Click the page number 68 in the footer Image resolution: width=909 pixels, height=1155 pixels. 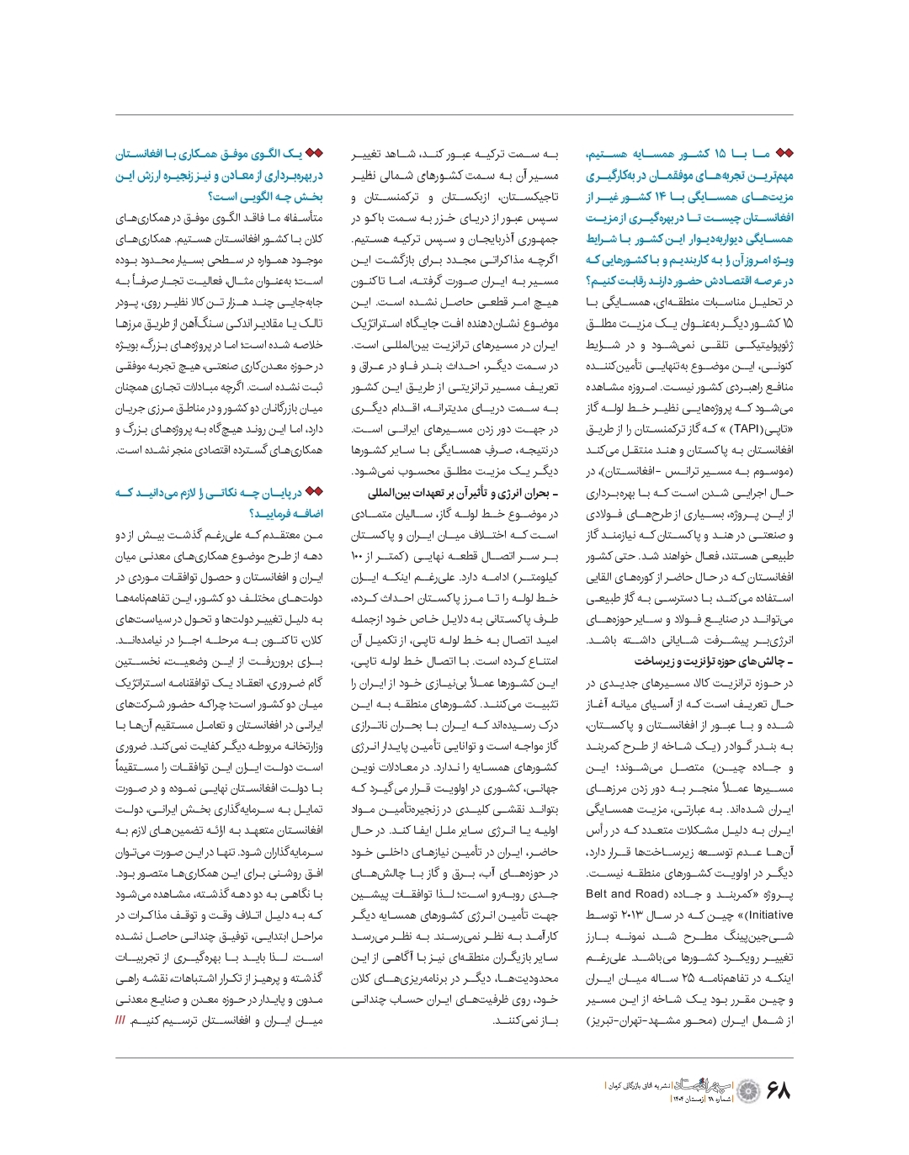coord(779,1091)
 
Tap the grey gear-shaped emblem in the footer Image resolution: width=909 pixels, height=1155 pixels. coord(749,1091)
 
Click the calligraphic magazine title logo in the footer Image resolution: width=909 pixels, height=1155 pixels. coord(705,1085)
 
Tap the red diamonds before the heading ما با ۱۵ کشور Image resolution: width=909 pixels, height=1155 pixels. coord(784,154)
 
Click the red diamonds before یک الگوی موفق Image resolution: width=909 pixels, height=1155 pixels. coord(314,154)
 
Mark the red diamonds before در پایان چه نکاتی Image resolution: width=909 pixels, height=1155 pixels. coord(314,492)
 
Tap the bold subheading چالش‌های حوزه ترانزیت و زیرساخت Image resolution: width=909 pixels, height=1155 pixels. coord(714,661)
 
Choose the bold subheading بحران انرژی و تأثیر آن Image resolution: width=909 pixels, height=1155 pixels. coord(463,492)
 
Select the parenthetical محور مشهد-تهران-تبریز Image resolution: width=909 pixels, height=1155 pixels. coord(640,1020)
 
